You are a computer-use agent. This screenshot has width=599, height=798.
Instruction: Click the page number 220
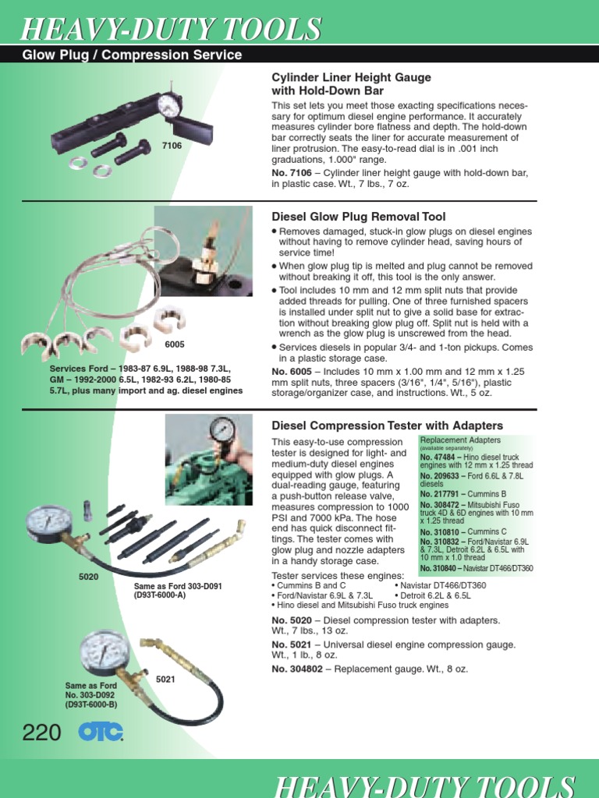click(42, 733)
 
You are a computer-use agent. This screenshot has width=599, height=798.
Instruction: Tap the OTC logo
click(101, 733)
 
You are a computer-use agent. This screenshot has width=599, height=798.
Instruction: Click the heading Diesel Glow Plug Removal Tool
click(358, 216)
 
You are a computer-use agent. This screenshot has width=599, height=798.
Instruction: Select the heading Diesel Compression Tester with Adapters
click(387, 425)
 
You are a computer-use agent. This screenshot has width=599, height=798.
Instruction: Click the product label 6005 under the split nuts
click(175, 344)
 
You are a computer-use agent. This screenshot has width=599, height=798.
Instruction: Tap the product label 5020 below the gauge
click(90, 576)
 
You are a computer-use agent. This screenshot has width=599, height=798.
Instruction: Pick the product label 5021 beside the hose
click(165, 680)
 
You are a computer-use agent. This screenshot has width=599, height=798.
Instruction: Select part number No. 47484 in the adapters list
click(438, 457)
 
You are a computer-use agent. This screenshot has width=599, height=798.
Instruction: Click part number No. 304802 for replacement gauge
click(301, 669)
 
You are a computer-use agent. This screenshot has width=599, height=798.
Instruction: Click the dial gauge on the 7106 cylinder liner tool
click(169, 106)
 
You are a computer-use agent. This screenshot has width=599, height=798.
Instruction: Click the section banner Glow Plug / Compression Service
click(133, 55)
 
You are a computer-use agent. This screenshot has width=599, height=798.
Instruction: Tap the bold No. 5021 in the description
click(292, 644)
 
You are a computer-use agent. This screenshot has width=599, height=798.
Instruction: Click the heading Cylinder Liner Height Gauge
click(351, 78)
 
